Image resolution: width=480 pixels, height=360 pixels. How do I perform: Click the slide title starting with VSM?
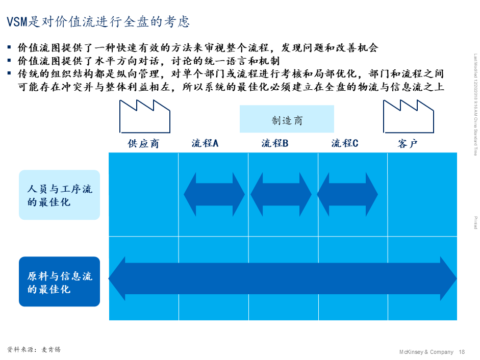98,22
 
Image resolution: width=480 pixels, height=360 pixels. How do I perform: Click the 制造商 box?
287,119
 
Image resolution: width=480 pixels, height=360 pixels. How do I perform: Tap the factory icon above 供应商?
145,117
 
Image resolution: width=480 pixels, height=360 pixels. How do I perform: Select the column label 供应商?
143,144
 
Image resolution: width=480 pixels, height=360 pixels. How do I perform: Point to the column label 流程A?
205,144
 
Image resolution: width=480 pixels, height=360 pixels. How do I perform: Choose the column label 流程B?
275,144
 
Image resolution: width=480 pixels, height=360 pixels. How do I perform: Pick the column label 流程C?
345,144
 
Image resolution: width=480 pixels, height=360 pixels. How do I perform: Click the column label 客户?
408,144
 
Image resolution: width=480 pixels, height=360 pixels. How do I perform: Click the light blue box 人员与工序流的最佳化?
59,195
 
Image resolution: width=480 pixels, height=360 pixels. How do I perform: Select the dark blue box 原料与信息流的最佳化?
59,282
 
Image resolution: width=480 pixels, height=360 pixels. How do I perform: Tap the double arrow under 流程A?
214,194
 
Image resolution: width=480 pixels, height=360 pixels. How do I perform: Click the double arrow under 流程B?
281,194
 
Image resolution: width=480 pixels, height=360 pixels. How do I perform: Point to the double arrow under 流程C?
347,194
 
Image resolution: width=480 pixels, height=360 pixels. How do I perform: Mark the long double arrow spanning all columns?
283,278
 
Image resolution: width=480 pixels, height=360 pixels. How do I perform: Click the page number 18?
462,352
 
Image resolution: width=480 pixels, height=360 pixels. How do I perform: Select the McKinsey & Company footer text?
426,352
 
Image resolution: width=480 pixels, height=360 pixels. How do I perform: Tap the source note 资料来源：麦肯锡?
37,350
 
